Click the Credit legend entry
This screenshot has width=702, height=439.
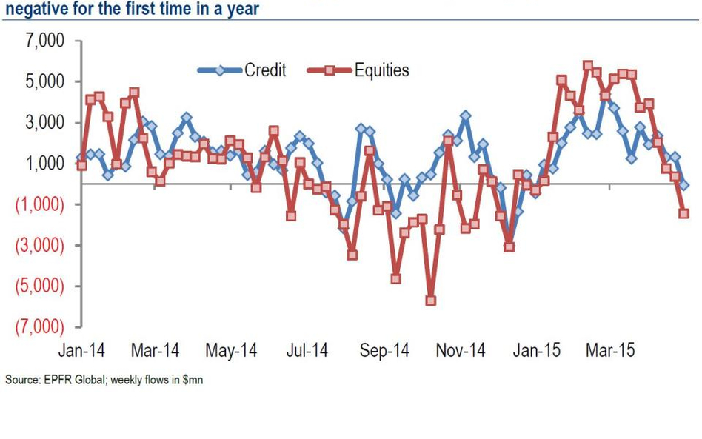coord(265,70)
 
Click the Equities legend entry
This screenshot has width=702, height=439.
coord(381,70)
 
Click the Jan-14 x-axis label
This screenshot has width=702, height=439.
coord(81,350)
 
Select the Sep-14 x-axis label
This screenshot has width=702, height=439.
coord(386,350)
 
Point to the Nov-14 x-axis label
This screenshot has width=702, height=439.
coord(461,350)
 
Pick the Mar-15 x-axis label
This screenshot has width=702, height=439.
coord(610,350)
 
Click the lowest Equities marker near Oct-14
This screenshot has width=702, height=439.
coord(430,301)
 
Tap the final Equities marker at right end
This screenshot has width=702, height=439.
coord(683,213)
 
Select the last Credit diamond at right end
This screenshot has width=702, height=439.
coord(683,185)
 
